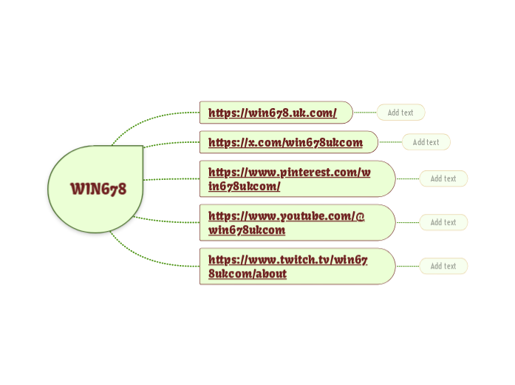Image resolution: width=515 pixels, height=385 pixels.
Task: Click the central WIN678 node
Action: click(98, 189)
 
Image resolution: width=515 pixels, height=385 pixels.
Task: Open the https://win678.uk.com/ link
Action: click(272, 113)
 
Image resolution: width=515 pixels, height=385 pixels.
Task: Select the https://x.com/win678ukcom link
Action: click(285, 142)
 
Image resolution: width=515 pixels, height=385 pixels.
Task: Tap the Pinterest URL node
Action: click(289, 178)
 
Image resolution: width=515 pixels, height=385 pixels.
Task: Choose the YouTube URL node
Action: click(287, 222)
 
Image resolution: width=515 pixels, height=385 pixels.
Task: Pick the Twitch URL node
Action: click(287, 267)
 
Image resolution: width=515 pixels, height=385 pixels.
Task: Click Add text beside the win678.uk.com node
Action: click(400, 113)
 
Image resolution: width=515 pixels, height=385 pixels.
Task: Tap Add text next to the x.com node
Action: click(426, 142)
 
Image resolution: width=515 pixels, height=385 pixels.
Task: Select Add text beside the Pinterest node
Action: click(443, 178)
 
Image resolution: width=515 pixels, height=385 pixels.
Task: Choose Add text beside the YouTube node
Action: click(443, 222)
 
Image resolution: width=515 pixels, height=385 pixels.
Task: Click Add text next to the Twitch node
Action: click(443, 266)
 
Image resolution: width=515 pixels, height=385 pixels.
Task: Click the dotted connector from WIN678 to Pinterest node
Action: click(171, 179)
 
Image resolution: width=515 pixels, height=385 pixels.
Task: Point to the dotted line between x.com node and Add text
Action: click(390, 142)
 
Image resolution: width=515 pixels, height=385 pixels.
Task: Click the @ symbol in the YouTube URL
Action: click(361, 216)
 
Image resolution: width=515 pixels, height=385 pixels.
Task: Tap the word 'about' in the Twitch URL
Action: click(270, 274)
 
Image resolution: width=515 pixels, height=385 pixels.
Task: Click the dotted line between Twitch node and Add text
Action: click(408, 266)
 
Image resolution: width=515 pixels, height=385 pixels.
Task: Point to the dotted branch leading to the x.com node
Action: click(171, 144)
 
